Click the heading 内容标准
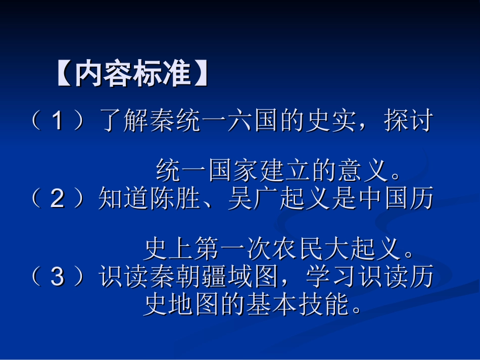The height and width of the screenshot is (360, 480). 132,75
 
